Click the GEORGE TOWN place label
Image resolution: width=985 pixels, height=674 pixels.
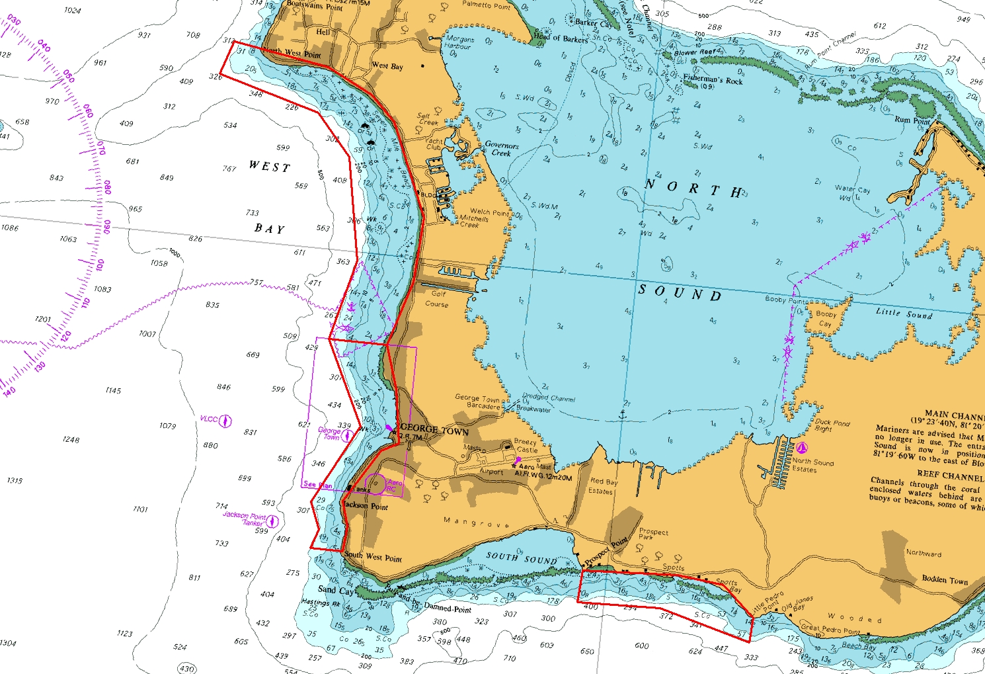point(434,430)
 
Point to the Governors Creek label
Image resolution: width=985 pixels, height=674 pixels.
point(502,149)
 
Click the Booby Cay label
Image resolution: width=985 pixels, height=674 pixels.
point(826,319)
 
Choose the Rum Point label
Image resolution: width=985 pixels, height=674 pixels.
point(912,120)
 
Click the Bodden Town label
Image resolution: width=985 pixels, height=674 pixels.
point(945,579)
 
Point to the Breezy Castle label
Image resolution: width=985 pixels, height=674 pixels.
point(526,446)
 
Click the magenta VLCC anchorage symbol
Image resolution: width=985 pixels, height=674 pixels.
point(225,421)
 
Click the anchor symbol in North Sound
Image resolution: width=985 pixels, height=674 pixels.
point(622,415)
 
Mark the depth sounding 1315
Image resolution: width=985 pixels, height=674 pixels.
point(15,481)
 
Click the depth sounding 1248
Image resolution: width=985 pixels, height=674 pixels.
point(71,440)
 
